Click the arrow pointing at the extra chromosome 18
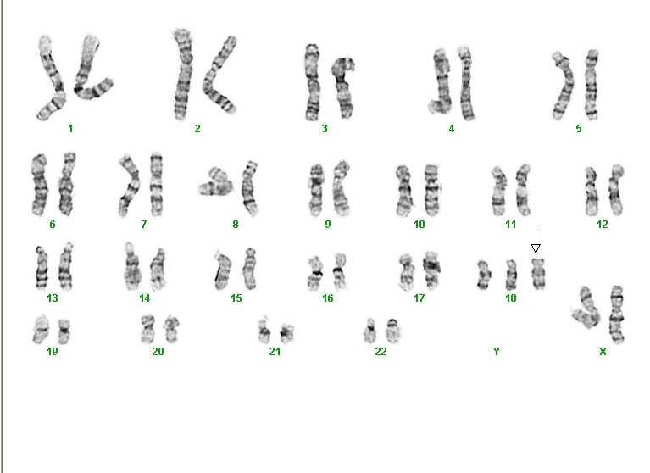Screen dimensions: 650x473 (536, 241)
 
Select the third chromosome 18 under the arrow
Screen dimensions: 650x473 (538, 274)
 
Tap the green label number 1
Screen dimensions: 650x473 (70, 129)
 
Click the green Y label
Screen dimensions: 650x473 (497, 352)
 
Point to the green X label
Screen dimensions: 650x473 (603, 352)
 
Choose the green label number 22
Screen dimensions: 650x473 (381, 352)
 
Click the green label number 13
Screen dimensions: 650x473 (53, 298)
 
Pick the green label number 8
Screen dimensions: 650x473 (236, 225)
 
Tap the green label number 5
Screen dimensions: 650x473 (579, 129)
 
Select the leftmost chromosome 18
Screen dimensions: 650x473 (483, 275)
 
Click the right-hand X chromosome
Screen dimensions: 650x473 (617, 314)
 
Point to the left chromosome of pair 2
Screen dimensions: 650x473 (183, 75)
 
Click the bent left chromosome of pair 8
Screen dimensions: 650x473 (215, 182)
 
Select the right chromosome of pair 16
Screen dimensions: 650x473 (340, 271)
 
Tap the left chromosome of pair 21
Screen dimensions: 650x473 (264, 331)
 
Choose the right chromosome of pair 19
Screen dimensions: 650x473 (64, 331)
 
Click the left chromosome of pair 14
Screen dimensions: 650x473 (132, 267)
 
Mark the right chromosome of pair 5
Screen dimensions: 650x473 (592, 85)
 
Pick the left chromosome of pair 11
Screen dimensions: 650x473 (498, 192)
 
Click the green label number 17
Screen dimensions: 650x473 (419, 298)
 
